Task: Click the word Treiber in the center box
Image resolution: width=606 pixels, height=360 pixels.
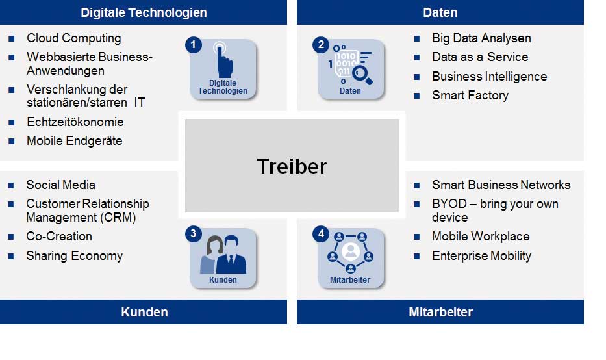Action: pos(292,166)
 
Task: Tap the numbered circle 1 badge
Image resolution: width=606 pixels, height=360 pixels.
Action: pos(194,45)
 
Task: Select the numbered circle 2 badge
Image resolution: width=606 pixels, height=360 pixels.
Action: pos(321,45)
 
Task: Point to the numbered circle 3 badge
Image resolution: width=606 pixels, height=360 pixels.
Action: pos(194,234)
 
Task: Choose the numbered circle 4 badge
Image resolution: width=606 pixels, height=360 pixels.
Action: pos(321,234)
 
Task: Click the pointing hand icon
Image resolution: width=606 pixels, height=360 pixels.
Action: pos(223,60)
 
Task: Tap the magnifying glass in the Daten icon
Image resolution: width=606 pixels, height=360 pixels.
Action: pos(362,75)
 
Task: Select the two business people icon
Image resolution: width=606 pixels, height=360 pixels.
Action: pos(223,255)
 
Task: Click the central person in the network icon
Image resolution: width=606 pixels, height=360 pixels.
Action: pos(351,251)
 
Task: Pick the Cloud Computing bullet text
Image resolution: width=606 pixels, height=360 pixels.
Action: pos(74,38)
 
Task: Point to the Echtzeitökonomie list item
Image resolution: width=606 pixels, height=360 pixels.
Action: pos(75,122)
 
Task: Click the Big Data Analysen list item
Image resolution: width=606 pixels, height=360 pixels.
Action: pos(481,38)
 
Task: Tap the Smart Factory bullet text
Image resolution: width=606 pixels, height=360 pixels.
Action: pos(470,96)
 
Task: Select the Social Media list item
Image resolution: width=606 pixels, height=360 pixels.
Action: pos(60,185)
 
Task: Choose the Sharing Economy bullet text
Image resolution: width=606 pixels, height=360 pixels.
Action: pos(74,256)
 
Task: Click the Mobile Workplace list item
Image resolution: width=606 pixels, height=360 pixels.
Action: pos(481,237)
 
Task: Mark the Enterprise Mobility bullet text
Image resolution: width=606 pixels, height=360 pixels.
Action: pos(481,256)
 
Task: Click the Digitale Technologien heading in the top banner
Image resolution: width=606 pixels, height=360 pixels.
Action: pos(144,13)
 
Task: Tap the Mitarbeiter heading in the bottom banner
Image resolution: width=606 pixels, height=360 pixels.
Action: pos(440,312)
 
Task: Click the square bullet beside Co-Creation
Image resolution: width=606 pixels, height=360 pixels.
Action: pos(11,237)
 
